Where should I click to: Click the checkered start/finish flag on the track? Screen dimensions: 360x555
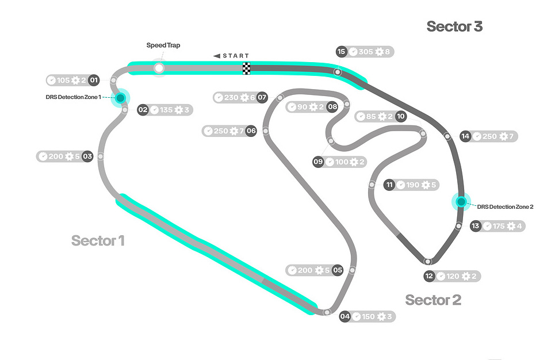pos(246,68)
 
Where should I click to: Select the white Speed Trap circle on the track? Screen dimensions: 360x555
pos(159,68)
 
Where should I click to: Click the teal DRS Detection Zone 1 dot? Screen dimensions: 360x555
pos(120,98)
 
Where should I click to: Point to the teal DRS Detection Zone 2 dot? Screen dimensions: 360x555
pos(461,202)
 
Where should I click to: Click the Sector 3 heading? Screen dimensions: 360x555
pos(454,26)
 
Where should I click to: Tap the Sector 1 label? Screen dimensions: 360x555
pos(98,240)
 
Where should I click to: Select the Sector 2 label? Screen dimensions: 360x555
pos(433,300)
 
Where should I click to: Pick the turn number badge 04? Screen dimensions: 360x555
pos(345,316)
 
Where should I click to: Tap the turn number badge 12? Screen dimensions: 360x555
pos(429,277)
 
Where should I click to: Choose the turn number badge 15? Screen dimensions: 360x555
pos(342,52)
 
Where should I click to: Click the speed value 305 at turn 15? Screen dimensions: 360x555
pos(366,52)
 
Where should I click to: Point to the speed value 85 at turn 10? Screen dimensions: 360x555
pos(371,117)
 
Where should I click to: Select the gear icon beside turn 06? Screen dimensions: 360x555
pos(235,131)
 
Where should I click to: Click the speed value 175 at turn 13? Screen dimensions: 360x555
pos(499,226)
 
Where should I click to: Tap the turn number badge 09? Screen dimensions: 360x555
pos(318,162)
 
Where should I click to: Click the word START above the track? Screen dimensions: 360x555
pos(236,56)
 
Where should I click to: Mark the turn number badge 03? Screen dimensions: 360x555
pos(87,156)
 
